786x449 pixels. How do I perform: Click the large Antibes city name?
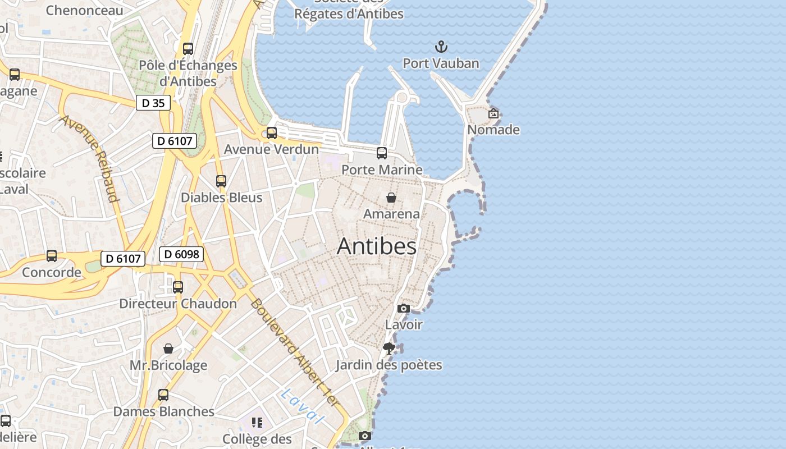[377, 246]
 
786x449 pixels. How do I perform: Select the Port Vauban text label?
[441, 63]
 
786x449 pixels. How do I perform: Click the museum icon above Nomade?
[493, 113]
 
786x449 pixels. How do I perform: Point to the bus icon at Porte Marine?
[382, 153]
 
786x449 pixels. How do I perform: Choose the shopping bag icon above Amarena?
[391, 198]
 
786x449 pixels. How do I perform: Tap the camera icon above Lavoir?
[403, 308]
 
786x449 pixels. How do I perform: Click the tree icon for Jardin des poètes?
[389, 349]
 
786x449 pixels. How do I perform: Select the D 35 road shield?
[153, 103]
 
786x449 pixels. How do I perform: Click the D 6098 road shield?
[182, 254]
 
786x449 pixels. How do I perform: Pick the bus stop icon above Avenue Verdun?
[272, 133]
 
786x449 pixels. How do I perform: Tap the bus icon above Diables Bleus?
[221, 181]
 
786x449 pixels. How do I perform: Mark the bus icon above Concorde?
[52, 256]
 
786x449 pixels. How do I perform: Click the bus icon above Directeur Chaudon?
[178, 287]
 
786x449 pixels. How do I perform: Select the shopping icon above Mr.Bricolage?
[168, 349]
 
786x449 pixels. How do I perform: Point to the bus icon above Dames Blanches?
[163, 395]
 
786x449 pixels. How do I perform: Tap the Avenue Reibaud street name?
[90, 158]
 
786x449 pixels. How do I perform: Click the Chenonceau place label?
[85, 10]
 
